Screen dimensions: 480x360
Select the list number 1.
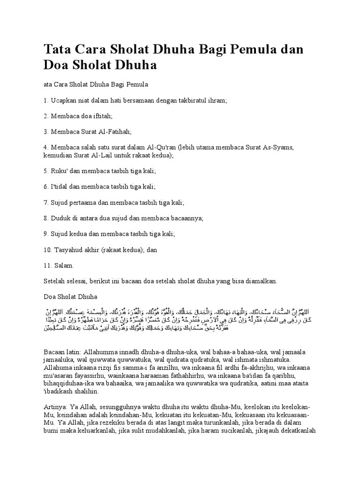[45, 100]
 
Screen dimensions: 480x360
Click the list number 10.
[48, 250]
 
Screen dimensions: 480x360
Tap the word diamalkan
[261, 281]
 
